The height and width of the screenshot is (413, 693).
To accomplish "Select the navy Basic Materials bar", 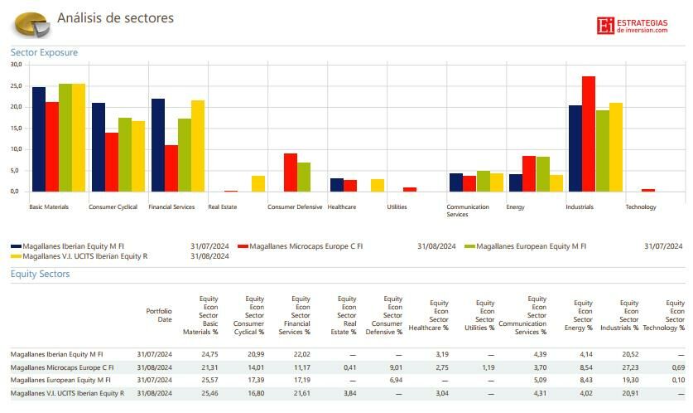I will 39,139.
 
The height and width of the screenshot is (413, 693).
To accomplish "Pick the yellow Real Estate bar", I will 258,183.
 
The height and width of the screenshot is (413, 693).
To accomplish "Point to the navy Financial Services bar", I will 158,145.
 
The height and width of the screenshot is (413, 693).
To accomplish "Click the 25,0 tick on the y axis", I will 16,85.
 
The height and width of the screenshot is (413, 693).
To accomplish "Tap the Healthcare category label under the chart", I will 342,207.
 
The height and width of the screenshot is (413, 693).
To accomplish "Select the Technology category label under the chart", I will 641,207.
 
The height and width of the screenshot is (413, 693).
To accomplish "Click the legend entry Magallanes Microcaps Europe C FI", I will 306,246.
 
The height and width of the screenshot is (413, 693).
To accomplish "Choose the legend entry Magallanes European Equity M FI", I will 531,246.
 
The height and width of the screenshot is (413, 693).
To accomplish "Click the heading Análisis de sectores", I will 115,18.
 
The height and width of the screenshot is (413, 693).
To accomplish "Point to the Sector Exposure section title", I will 44,52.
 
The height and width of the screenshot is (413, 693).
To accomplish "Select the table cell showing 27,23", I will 631,367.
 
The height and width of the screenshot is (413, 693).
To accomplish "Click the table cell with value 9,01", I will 395,367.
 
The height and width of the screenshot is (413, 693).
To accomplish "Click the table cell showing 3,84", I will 349,393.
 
